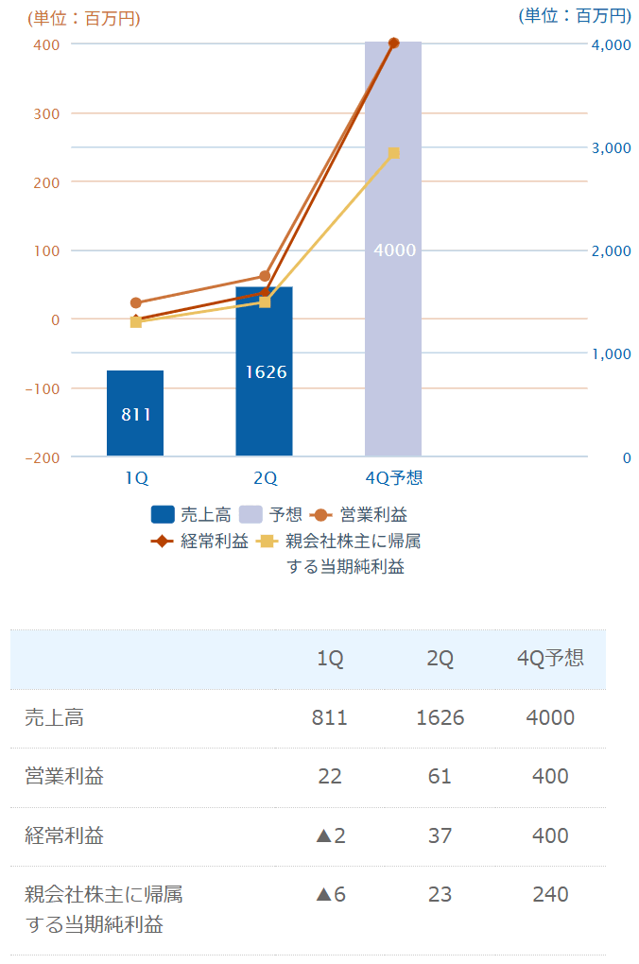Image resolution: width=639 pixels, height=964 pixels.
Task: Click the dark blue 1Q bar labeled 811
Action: click(x=135, y=413)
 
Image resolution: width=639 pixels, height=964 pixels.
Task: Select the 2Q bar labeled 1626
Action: click(x=265, y=371)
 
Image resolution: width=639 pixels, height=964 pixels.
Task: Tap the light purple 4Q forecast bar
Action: click(x=393, y=250)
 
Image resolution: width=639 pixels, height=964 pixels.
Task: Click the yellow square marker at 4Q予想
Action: click(x=394, y=153)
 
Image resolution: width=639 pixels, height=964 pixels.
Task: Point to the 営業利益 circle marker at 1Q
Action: click(x=136, y=303)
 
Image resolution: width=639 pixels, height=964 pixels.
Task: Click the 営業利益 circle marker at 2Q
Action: click(x=265, y=276)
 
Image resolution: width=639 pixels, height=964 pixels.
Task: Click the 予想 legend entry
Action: click(x=270, y=515)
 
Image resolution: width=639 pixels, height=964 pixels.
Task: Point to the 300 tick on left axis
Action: click(x=47, y=113)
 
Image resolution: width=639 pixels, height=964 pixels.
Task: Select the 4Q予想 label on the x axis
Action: click(x=393, y=478)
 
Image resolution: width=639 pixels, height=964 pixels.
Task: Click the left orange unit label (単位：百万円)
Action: click(x=84, y=17)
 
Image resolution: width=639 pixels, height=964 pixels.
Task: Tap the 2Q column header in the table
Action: click(x=440, y=659)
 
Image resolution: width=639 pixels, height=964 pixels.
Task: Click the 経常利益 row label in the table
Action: click(x=64, y=835)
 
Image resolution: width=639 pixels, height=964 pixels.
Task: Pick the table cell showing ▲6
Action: click(x=330, y=894)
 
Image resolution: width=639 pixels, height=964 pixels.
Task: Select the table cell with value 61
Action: click(x=440, y=777)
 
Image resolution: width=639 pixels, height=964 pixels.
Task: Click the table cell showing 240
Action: click(x=549, y=894)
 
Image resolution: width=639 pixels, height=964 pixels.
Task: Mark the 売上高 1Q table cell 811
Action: click(x=330, y=718)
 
